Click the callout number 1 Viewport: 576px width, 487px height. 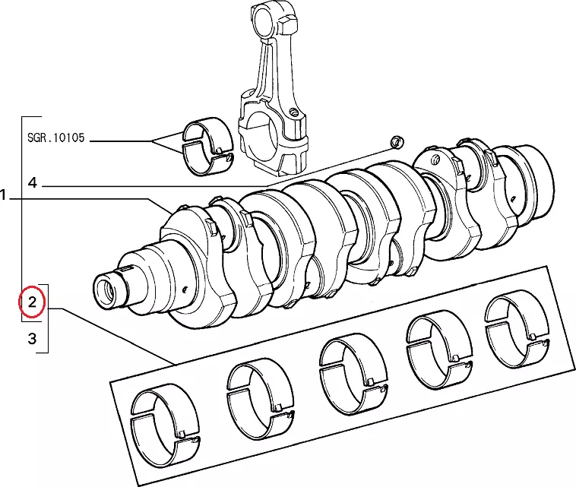tap(5, 197)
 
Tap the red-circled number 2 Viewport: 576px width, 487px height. tap(32, 304)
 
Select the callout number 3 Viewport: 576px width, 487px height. tap(32, 339)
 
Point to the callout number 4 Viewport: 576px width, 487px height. tap(32, 183)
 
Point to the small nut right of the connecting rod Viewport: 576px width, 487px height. tap(395, 143)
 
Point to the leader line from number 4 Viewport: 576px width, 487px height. tap(190, 186)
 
